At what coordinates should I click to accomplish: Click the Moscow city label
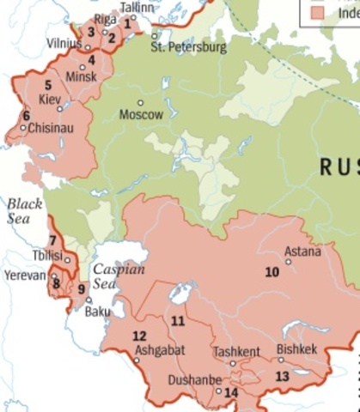click(141, 115)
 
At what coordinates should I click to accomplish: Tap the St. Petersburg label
click(188, 47)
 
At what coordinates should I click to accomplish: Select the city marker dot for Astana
click(288, 262)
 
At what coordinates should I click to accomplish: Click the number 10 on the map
click(272, 272)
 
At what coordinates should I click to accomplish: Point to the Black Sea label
click(25, 211)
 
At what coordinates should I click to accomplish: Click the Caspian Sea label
click(118, 276)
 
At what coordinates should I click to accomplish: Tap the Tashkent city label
click(236, 352)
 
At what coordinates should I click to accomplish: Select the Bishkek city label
click(297, 349)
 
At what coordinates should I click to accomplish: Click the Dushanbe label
click(196, 380)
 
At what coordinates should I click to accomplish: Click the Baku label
click(97, 312)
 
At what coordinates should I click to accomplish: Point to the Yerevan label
click(24, 276)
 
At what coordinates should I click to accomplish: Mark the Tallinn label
click(139, 8)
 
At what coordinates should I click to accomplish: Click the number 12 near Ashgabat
click(139, 336)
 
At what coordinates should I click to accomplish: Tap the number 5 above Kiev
click(48, 84)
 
